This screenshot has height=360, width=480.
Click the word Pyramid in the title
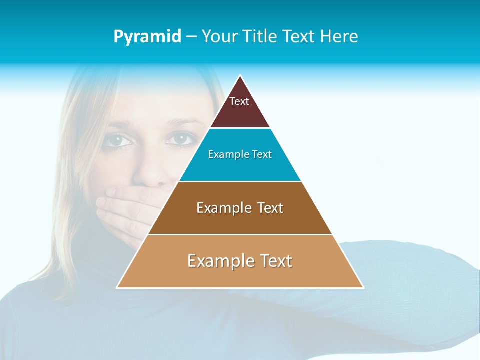tap(147, 37)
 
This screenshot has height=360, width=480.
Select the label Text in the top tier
tap(239, 101)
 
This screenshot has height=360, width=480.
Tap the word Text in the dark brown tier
tap(270, 208)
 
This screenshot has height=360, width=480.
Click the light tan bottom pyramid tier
tap(240, 275)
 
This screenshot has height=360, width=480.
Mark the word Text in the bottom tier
tap(274, 261)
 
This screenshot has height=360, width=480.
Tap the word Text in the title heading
tap(298, 37)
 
